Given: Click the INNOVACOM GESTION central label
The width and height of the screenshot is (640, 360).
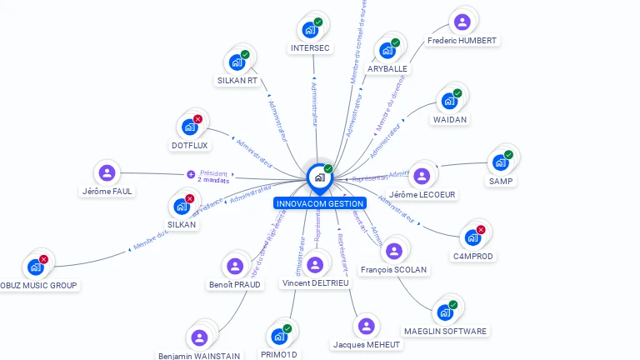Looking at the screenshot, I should click(x=319, y=203).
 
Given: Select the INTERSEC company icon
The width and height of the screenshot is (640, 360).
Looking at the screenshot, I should click(x=310, y=30).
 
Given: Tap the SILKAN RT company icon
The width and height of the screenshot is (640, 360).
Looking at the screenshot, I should click(x=237, y=62).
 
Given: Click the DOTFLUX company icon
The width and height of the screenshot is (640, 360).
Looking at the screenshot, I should click(x=190, y=127).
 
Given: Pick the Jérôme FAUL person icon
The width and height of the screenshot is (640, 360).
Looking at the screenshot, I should click(x=107, y=172).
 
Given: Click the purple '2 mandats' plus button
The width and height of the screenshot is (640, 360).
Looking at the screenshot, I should click(x=191, y=175).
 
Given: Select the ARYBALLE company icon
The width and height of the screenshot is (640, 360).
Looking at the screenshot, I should click(x=387, y=50).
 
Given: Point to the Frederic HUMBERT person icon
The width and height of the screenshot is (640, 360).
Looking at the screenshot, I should click(x=462, y=22).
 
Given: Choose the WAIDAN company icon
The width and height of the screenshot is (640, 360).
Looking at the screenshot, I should click(x=449, y=101).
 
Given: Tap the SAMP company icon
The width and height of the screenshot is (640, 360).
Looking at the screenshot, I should click(x=501, y=162).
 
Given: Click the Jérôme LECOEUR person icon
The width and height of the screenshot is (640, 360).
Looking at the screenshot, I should click(x=422, y=176).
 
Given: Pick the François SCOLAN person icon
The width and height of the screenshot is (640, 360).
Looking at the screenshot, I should click(x=393, y=251).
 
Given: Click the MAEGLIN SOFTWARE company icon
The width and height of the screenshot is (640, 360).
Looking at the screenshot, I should click(x=445, y=312).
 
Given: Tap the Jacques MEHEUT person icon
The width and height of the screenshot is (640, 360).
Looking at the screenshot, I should click(x=366, y=326).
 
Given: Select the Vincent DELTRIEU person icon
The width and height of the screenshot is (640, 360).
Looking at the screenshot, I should click(x=315, y=264).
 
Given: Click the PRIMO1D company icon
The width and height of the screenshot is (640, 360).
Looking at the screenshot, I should click(x=279, y=336).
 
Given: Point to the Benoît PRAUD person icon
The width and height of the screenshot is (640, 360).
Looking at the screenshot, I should click(x=234, y=266).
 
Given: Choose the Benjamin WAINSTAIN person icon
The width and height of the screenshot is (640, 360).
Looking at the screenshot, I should click(x=199, y=337).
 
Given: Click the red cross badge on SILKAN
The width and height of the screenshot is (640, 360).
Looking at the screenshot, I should click(x=189, y=199).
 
